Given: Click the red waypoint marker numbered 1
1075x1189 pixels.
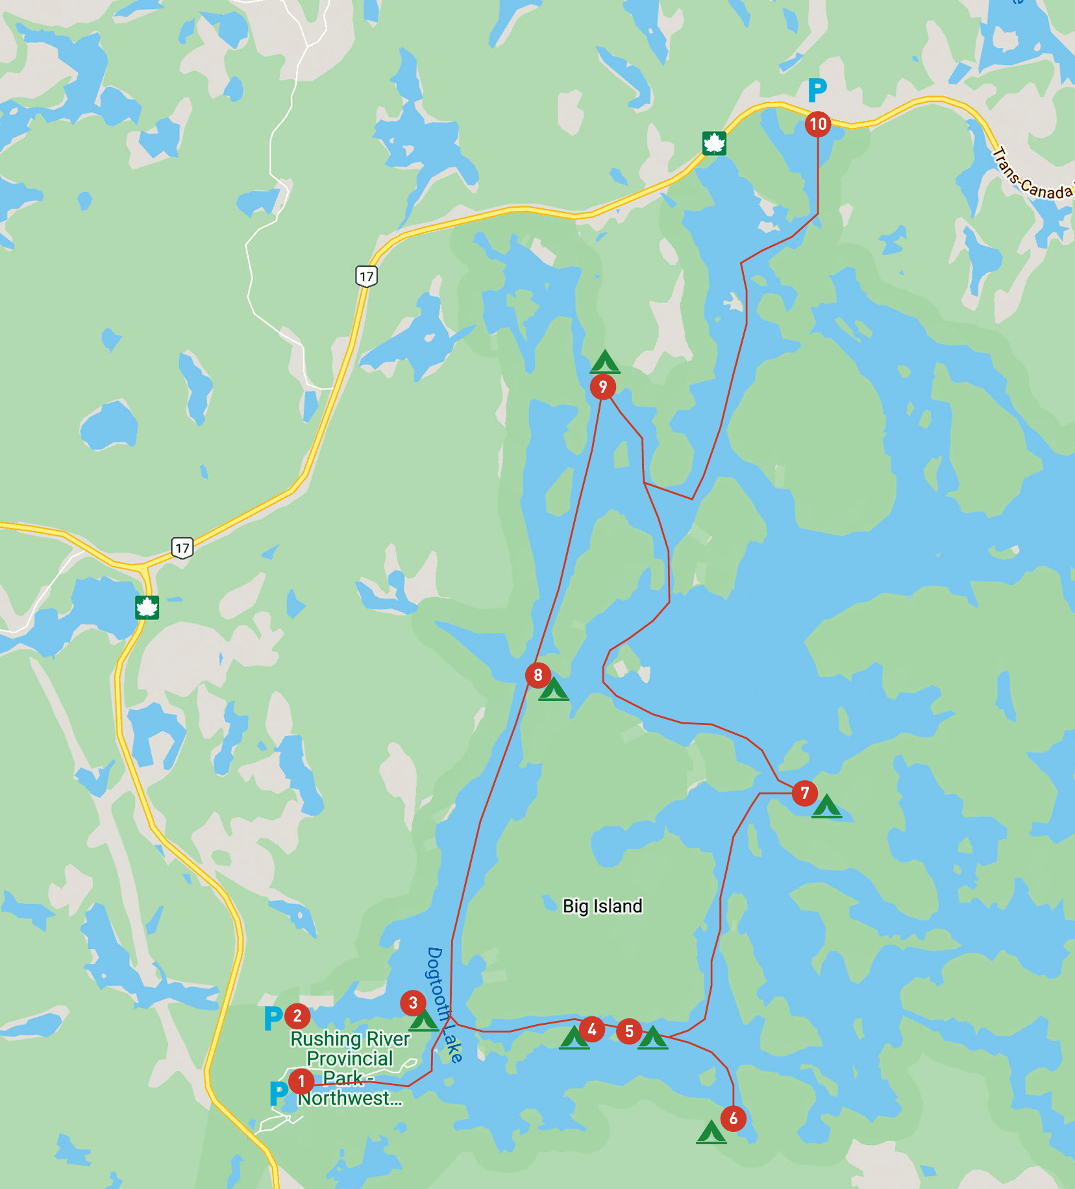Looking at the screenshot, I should pyautogui.click(x=301, y=1081).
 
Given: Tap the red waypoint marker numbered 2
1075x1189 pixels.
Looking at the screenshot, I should pyautogui.click(x=297, y=1016).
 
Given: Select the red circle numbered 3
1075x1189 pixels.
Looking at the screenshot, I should pyautogui.click(x=413, y=1003).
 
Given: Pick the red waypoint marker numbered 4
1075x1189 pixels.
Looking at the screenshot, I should pyautogui.click(x=591, y=1029).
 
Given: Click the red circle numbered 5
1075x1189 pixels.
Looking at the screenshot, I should pyautogui.click(x=629, y=1031).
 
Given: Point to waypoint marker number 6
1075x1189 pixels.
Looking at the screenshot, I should pyautogui.click(x=733, y=1118).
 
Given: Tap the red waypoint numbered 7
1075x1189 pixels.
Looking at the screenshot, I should pyautogui.click(x=805, y=792).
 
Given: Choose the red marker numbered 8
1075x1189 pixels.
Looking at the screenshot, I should pyautogui.click(x=538, y=675).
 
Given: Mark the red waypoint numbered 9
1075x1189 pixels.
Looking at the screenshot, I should pyautogui.click(x=603, y=387).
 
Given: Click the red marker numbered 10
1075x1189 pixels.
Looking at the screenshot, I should pyautogui.click(x=818, y=123).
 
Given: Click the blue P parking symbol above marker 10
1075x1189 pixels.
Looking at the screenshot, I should pyautogui.click(x=817, y=90).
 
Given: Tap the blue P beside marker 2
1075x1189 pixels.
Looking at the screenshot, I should pyautogui.click(x=273, y=1018).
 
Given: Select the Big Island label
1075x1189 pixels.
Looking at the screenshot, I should pyautogui.click(x=602, y=906).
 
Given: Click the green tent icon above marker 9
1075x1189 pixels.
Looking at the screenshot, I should pyautogui.click(x=605, y=362).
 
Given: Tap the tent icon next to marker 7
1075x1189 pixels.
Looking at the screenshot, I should pyautogui.click(x=826, y=806).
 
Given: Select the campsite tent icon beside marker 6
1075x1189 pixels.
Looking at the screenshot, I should pyautogui.click(x=711, y=1133).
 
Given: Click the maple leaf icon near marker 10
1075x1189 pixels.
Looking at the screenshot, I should pyautogui.click(x=714, y=143).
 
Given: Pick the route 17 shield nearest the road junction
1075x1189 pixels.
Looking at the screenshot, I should pyautogui.click(x=182, y=548).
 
